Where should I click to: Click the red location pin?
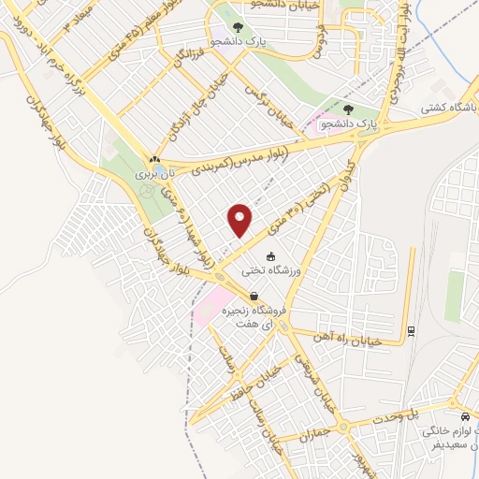tap(241, 220)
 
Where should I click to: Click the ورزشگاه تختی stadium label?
tap(269, 272)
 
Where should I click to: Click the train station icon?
tap(412, 329)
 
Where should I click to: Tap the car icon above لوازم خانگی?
tap(465, 417)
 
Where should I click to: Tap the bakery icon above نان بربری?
tap(154, 159)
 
